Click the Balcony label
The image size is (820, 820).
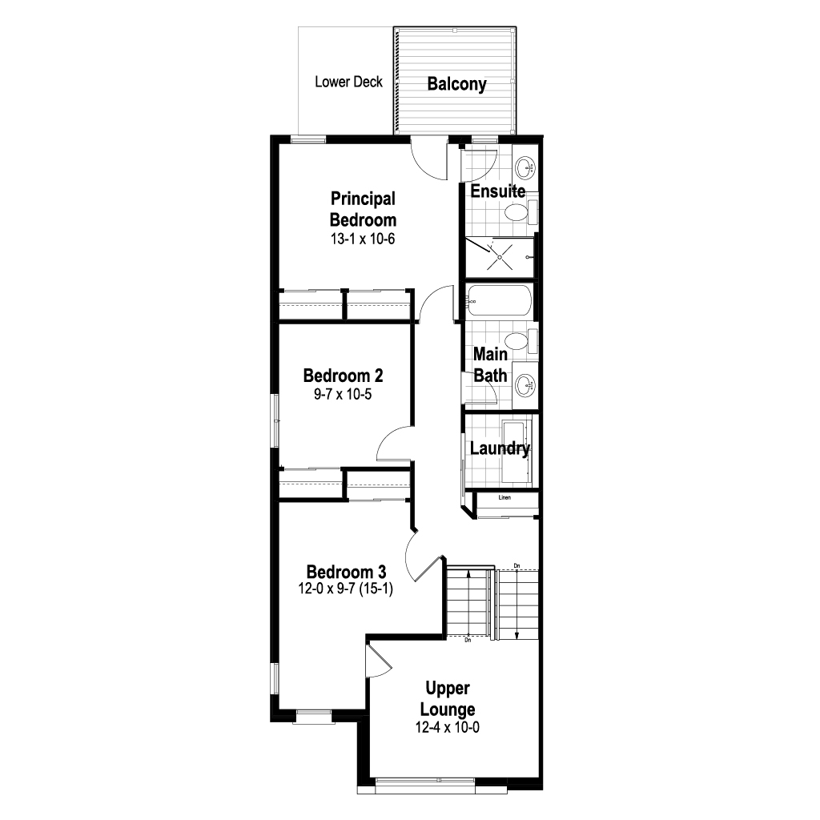(456, 83)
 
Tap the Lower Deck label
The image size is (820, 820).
(349, 82)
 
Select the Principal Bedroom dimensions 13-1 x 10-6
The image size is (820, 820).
(363, 239)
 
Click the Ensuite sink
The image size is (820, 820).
(525, 167)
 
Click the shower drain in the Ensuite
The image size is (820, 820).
(500, 257)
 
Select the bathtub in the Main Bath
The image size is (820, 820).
(500, 300)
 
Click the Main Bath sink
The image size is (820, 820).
(525, 387)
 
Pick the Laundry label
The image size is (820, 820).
(500, 448)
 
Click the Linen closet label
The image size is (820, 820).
(504, 497)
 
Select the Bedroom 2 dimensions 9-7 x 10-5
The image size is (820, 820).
(343, 394)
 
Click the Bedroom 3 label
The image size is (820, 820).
(346, 572)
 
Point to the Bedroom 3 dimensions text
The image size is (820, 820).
(346, 589)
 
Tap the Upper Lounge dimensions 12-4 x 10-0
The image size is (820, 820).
(448, 727)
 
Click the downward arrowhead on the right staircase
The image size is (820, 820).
(517, 635)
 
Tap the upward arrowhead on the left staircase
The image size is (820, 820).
(468, 573)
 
